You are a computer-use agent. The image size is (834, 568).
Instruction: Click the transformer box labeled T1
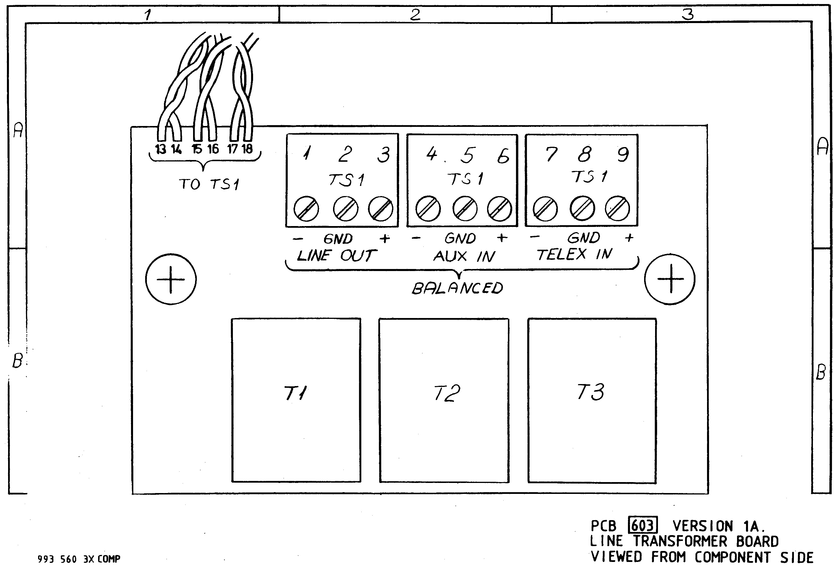(x=296, y=400)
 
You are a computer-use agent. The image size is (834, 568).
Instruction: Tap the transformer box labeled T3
(x=592, y=401)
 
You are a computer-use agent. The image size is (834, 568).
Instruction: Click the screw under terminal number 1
(x=306, y=209)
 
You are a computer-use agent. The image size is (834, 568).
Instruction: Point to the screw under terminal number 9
(x=617, y=208)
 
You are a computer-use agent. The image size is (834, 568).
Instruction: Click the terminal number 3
(x=384, y=155)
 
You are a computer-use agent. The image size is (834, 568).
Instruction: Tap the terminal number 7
(x=551, y=154)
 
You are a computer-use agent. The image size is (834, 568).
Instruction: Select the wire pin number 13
(x=160, y=149)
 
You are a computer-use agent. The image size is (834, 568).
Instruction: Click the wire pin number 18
(x=247, y=148)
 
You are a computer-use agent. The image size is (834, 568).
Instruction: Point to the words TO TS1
(x=209, y=184)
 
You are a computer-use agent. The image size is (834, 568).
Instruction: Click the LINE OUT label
(x=336, y=256)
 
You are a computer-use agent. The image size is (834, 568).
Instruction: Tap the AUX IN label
(x=464, y=256)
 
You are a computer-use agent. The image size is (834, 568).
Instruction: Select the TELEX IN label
(x=575, y=254)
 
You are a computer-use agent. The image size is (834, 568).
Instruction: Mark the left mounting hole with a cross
(x=171, y=279)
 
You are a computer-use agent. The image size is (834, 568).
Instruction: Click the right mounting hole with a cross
(x=670, y=279)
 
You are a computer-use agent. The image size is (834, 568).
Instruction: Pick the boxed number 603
(x=643, y=526)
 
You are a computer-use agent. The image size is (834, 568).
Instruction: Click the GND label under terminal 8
(x=584, y=237)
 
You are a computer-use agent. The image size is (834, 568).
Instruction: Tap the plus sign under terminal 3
(x=385, y=238)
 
